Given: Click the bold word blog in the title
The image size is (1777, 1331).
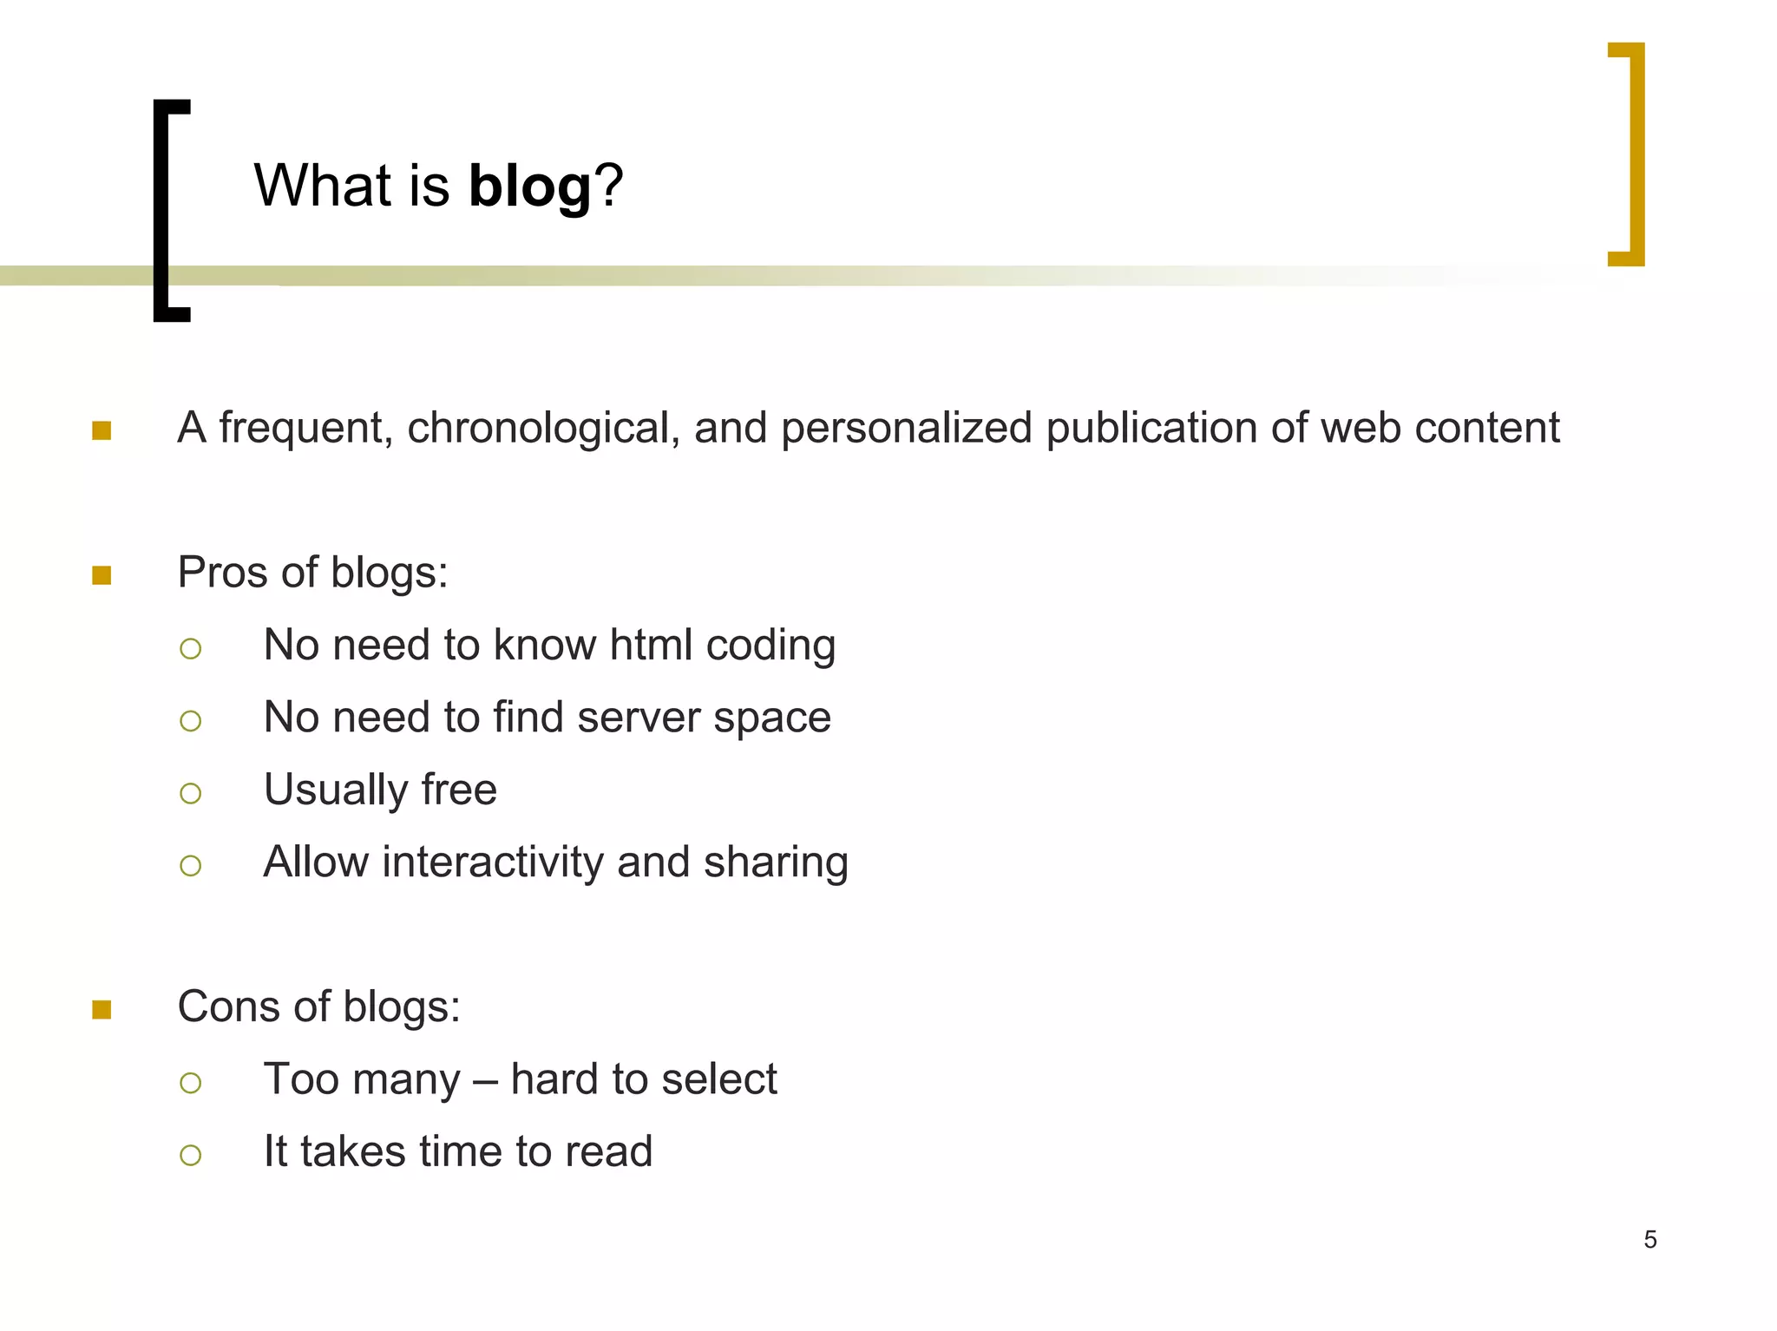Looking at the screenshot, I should [x=529, y=187].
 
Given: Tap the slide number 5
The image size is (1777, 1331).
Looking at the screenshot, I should [x=1649, y=1239].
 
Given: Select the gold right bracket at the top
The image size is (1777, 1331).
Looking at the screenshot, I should [x=1634, y=154].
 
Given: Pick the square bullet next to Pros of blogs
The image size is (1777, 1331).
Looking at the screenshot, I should [x=102, y=575].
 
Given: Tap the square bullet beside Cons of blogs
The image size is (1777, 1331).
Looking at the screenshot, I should [x=102, y=1009].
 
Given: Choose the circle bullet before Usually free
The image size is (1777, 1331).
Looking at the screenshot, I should [x=191, y=793].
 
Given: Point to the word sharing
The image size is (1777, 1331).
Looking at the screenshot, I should [x=776, y=864].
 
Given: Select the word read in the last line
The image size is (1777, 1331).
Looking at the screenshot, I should [x=608, y=1152].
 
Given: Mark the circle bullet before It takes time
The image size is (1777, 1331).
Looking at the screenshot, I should [x=191, y=1155].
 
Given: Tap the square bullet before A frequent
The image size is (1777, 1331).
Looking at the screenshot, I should [x=102, y=430].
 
